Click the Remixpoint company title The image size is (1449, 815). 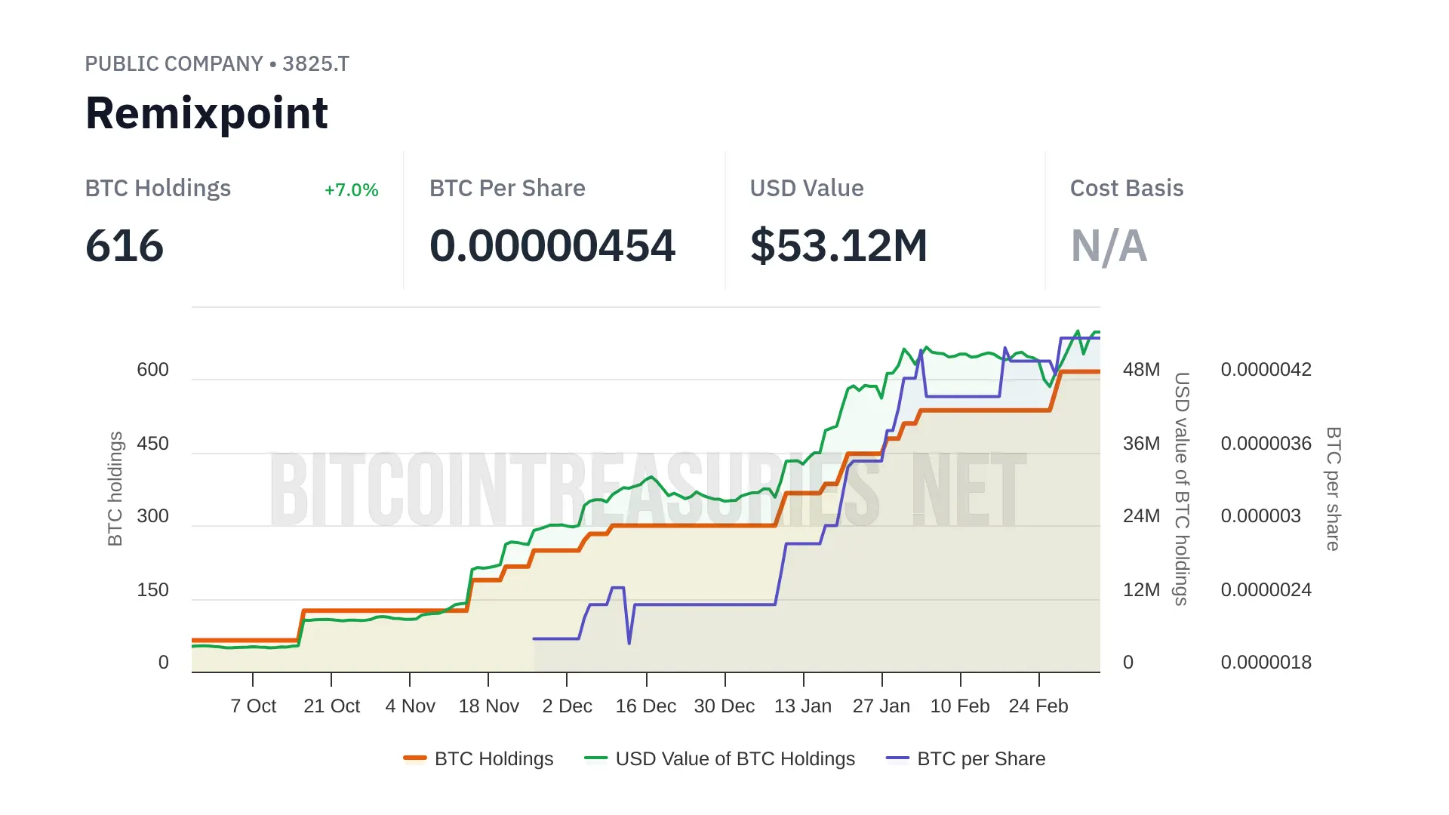point(206,114)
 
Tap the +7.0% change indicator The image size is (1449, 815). point(351,190)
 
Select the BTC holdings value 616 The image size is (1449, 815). point(125,246)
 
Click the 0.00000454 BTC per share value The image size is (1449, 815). point(552,246)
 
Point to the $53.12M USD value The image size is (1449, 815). point(838,246)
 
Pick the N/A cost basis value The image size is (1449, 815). point(1109,246)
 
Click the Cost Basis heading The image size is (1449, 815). point(1126,189)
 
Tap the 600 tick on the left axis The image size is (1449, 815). point(152,370)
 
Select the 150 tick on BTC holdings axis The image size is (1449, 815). point(152,590)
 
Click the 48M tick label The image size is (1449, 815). point(1141,370)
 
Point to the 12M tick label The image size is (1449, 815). point(1141,590)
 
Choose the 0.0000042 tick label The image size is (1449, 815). point(1266,370)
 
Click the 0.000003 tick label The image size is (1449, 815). point(1260,516)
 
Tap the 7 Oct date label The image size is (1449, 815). point(253,706)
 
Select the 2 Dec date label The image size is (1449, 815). point(567,706)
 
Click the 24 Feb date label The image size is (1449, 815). point(1038,706)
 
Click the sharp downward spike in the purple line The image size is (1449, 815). point(629,641)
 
